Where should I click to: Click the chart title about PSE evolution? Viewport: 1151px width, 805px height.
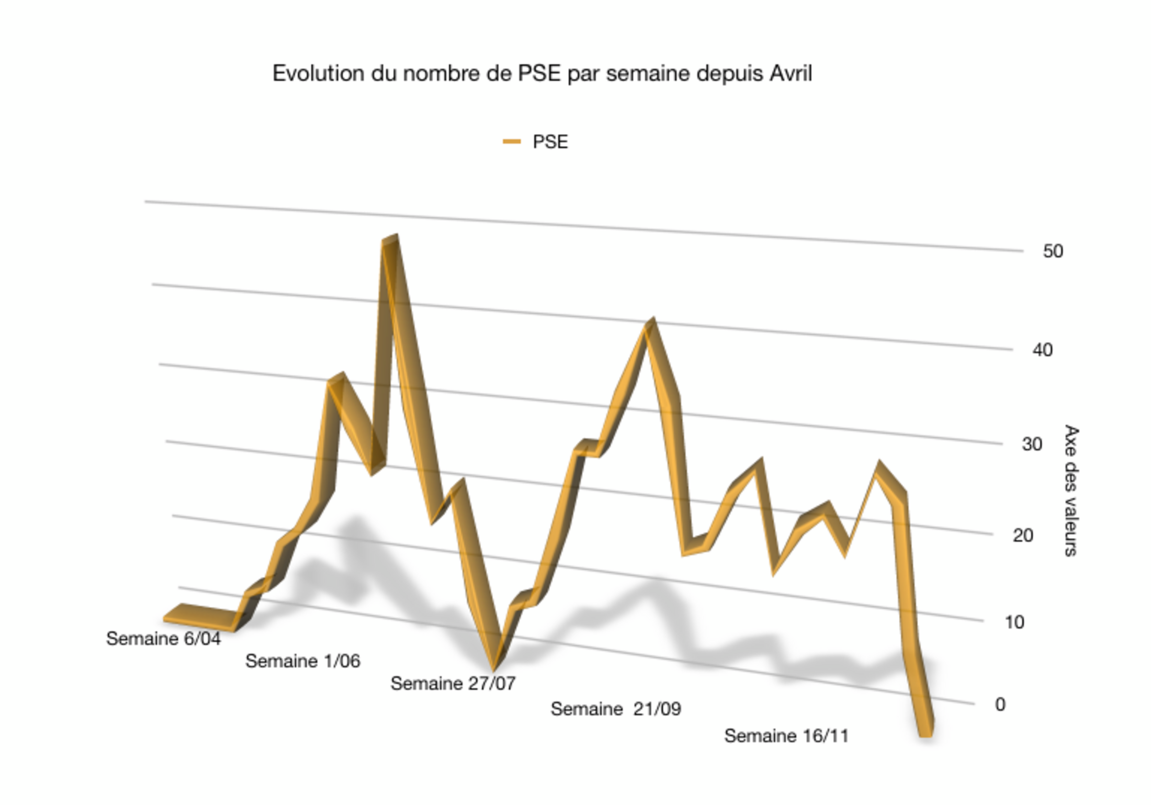point(542,73)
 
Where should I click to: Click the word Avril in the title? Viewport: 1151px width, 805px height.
point(791,73)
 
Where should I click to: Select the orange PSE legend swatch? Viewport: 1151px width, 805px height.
point(511,141)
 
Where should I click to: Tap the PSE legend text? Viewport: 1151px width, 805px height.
point(550,142)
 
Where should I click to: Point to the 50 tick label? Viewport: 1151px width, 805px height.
point(1053,251)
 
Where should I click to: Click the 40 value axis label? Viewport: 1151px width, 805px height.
point(1042,350)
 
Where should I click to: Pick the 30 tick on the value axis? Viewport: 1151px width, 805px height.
point(1032,444)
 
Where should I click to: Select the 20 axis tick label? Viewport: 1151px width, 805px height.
point(1023,535)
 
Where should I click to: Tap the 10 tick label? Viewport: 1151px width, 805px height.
point(1014,622)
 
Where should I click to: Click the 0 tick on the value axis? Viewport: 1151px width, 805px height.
point(1000,705)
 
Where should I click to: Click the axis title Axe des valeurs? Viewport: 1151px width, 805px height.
point(1071,491)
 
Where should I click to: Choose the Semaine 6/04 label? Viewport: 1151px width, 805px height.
point(163,639)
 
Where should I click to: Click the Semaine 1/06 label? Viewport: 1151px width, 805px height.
point(302,661)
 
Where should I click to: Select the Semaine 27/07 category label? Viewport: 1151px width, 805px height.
point(453,684)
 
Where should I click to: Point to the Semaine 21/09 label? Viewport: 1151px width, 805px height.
point(615,709)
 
